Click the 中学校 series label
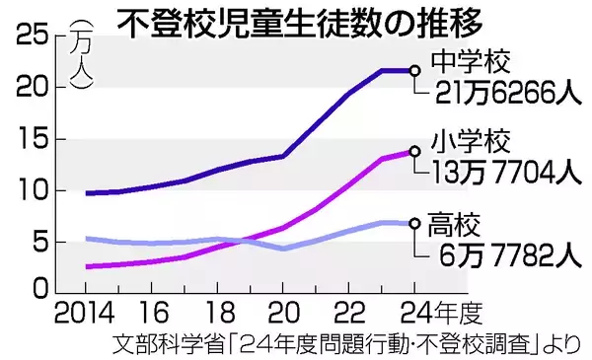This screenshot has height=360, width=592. coord(469,64)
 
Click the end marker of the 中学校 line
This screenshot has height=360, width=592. coord(415,70)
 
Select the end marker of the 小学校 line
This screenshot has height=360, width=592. coord(415,151)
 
